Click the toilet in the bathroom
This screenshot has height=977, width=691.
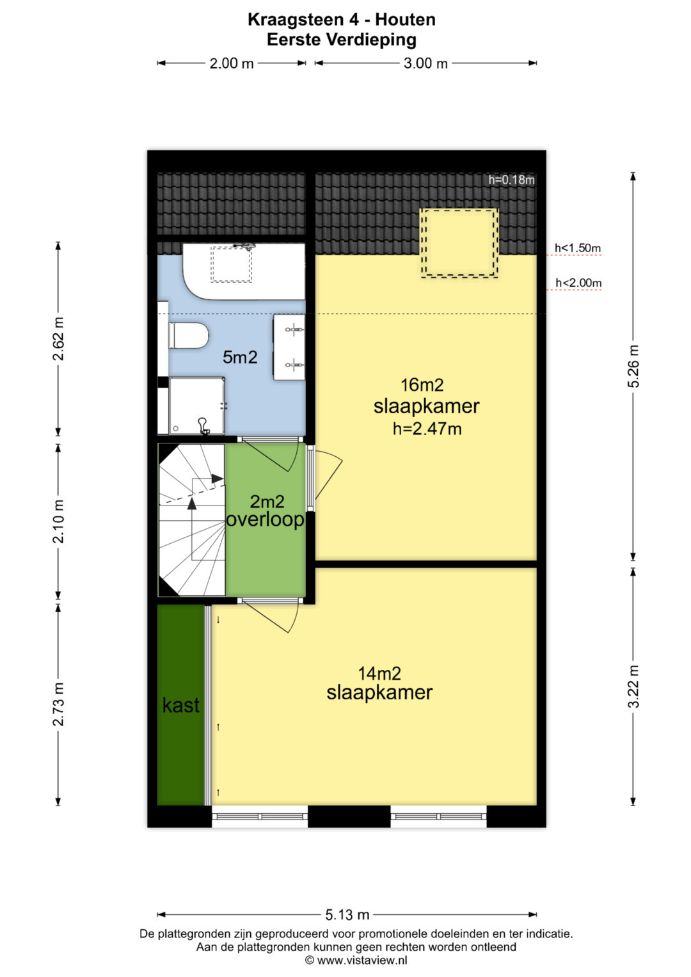point(188,335)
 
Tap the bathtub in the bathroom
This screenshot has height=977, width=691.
point(244,271)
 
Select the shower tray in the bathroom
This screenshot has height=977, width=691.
point(197,406)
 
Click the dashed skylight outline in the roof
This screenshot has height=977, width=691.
point(459,242)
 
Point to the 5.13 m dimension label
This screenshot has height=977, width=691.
point(347,915)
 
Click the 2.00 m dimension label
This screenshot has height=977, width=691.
point(232,64)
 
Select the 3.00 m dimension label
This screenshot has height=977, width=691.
point(425,64)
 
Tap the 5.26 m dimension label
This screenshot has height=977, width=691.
point(633,366)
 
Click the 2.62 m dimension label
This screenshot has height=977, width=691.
point(58,339)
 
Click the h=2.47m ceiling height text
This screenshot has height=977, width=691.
point(427,429)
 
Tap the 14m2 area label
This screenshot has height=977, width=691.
point(379,674)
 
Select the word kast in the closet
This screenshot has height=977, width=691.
point(180,705)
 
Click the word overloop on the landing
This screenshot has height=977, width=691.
point(266,520)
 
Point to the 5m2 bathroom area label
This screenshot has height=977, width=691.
point(240,357)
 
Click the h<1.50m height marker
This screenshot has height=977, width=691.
point(578,248)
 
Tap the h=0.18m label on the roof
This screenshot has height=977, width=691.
point(511,180)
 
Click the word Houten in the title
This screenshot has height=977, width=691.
point(405,20)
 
